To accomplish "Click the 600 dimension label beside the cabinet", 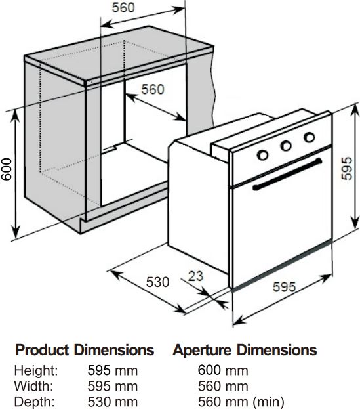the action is (7, 169).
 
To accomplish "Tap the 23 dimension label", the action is (195, 276).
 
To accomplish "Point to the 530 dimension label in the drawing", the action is (157, 282).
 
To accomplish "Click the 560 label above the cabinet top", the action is (123, 7).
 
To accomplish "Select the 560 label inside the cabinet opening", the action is (153, 89).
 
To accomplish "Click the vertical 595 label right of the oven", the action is (347, 169).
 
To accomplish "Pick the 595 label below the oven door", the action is (285, 287).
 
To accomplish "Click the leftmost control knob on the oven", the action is (262, 155).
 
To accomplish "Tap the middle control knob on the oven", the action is (286, 146).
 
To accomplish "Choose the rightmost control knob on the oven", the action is (310, 137).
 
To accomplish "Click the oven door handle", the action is (287, 174).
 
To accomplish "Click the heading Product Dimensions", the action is (85, 350).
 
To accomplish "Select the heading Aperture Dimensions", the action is (245, 350).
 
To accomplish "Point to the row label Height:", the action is (36, 371).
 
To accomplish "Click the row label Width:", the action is (33, 386).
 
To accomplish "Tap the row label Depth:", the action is (35, 402).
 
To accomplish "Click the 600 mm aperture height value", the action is (223, 370).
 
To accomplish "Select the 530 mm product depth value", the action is (113, 402).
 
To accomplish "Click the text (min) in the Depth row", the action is (269, 402).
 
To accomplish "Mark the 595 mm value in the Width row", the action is (113, 386).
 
